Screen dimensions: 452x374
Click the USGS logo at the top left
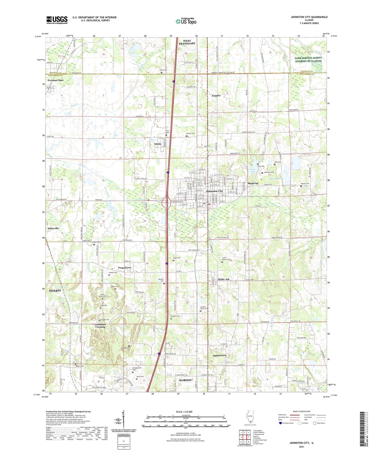[x=57, y=20]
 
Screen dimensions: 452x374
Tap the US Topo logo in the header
[x=186, y=21]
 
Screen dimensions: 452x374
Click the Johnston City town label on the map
[x=214, y=191]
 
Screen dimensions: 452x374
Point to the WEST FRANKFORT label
[x=187, y=42]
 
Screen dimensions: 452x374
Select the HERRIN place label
[x=55, y=291]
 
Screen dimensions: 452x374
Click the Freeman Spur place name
[x=56, y=80]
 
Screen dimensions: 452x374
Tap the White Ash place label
[x=223, y=279]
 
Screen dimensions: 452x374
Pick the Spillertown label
[x=219, y=355]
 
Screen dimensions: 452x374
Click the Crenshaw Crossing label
[x=100, y=326]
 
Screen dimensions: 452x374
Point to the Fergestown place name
[x=124, y=268]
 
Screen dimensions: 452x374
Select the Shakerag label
[x=253, y=183]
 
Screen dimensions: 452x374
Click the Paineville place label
[x=53, y=228]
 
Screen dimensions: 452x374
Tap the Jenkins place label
[x=216, y=96]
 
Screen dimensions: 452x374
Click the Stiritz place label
[x=158, y=144]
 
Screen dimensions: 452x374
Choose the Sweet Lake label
[x=252, y=170]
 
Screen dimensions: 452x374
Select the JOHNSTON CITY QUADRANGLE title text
[x=309, y=17]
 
